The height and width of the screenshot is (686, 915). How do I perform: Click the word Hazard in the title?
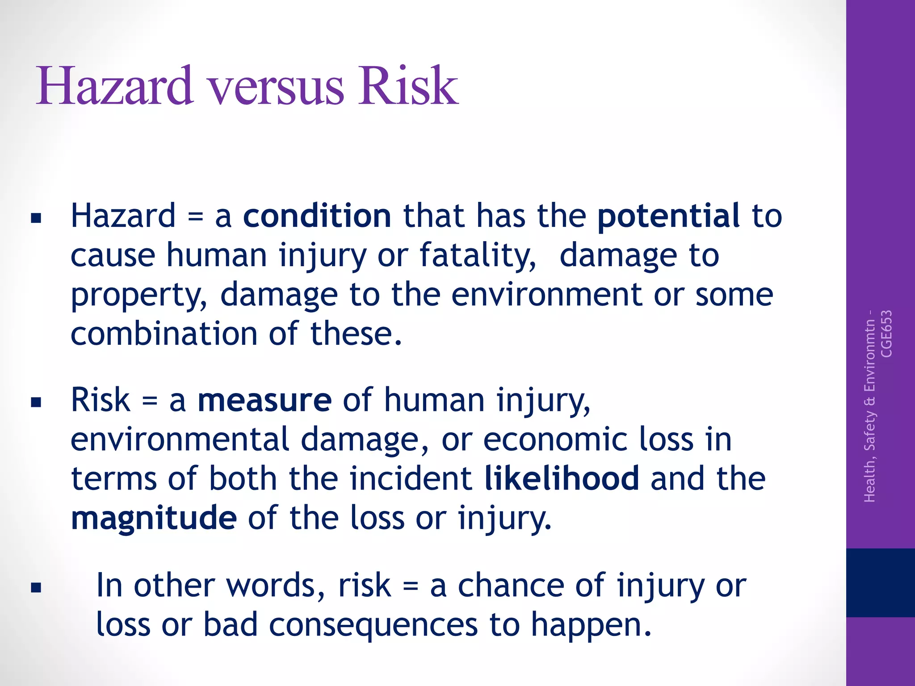(115, 86)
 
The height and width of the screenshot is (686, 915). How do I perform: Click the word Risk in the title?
(407, 86)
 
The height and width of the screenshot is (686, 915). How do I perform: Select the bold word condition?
(317, 216)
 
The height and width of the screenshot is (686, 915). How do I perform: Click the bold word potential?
(668, 216)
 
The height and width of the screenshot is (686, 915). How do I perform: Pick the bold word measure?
(264, 400)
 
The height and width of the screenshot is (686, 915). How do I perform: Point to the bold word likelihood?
(562, 478)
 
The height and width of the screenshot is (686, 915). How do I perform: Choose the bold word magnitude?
(154, 518)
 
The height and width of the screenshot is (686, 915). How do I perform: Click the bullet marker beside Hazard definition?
(36, 218)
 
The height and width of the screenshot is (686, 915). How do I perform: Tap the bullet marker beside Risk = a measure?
(36, 403)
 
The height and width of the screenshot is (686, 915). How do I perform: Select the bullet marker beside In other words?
(36, 587)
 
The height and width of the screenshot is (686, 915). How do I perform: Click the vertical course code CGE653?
(886, 334)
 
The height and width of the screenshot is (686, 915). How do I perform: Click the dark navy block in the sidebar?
(880, 582)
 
